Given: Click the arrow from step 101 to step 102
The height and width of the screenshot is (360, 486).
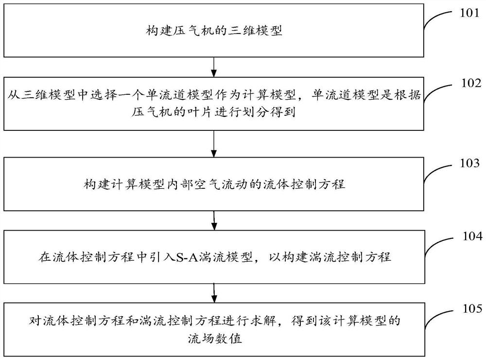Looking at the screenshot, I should tap(214, 66).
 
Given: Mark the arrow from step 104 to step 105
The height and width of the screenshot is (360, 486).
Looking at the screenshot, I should tap(214, 293).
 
